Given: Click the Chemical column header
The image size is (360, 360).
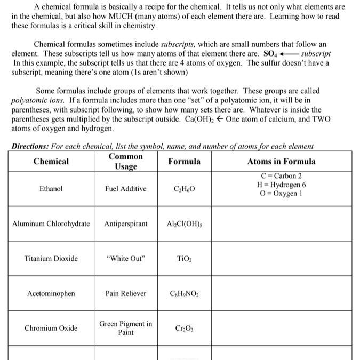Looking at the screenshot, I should click(51, 161).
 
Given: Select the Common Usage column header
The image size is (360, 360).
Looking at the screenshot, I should click(125, 161).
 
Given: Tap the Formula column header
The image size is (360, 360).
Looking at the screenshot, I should click(184, 161).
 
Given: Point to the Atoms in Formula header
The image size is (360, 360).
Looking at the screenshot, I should click(281, 161).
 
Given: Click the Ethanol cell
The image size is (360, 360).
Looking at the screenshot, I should click(51, 189).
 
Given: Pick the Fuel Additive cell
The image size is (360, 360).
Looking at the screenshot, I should click(125, 189).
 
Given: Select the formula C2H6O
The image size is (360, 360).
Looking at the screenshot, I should click(184, 189).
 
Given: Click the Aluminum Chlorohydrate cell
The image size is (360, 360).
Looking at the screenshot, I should click(51, 223).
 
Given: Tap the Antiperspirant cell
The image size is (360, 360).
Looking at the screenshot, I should click(125, 223).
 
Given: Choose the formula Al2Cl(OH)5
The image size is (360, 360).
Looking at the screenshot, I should click(184, 224).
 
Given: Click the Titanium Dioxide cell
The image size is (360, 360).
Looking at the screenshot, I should click(51, 259).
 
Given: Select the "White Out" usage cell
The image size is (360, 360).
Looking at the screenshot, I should click(125, 259).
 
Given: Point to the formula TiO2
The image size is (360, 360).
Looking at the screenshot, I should click(184, 259).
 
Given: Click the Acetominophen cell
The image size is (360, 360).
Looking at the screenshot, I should click(51, 293).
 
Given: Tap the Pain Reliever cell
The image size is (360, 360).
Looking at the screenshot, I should click(125, 293).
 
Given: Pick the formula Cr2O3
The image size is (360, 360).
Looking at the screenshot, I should click(184, 329).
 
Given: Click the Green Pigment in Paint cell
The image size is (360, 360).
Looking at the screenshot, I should click(125, 328).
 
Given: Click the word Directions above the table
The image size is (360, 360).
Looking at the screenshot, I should click(29, 146).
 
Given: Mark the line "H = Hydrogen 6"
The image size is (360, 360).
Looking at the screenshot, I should click(281, 185).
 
